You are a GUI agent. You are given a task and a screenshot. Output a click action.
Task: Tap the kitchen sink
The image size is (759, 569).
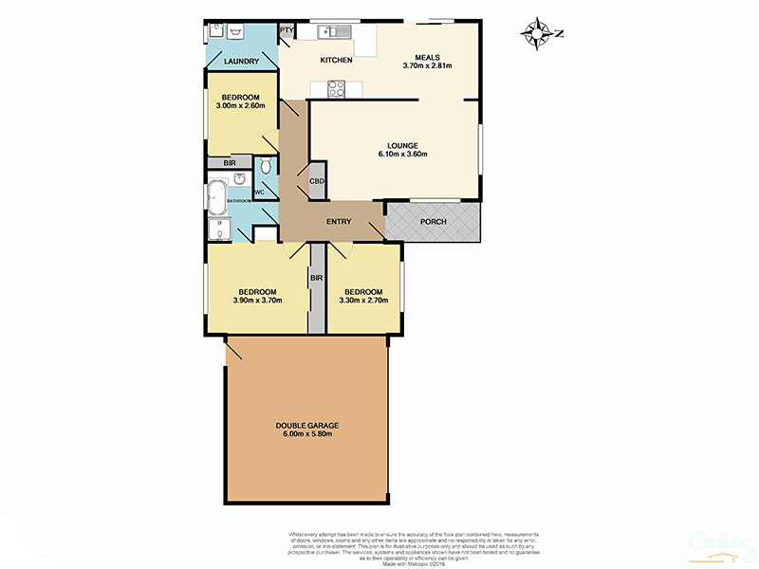click(x=336, y=32)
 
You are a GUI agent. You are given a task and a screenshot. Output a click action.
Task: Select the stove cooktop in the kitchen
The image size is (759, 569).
click(x=337, y=89)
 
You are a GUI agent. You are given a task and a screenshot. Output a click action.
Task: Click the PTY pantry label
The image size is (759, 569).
click(x=286, y=31)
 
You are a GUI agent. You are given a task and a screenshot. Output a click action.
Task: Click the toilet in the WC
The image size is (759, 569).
click(x=266, y=166)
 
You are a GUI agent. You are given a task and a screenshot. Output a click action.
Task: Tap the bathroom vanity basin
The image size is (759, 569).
click(x=241, y=181)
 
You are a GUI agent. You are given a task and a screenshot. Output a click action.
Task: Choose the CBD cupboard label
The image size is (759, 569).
click(x=317, y=181)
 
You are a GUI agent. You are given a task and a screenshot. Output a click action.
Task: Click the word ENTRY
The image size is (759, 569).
click(x=339, y=222)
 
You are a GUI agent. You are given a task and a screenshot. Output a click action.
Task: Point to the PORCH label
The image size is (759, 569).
click(x=434, y=222)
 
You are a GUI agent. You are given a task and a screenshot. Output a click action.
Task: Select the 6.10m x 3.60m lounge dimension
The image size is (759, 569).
click(x=402, y=154)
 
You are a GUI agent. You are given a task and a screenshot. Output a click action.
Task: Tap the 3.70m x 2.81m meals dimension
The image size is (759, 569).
click(x=427, y=65)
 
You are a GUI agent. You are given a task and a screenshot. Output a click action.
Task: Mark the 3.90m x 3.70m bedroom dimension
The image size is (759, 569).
click(x=257, y=301)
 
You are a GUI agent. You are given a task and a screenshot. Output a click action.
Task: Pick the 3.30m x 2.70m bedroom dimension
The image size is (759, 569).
click(x=363, y=301)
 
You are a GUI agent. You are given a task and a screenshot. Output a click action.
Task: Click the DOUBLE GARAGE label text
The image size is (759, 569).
click(x=307, y=425)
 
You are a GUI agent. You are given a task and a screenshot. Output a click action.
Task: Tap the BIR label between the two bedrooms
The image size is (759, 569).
click(x=317, y=278)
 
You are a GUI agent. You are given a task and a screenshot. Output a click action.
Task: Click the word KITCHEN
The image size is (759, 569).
click(x=336, y=61)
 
